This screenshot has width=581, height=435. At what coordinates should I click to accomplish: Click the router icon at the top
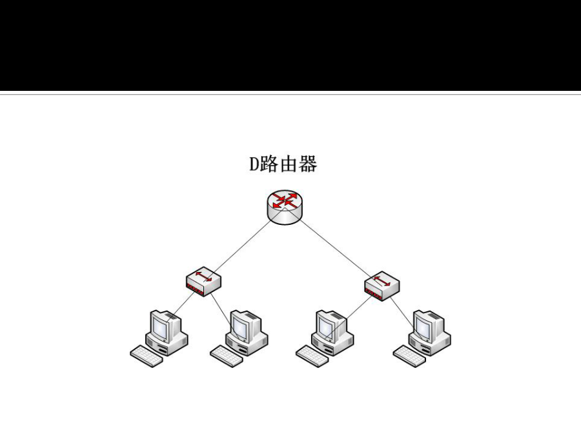pyautogui.click(x=284, y=207)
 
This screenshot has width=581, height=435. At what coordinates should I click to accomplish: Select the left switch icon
pyautogui.click(x=203, y=282)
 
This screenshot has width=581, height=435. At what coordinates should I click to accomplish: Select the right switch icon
pyautogui.click(x=382, y=285)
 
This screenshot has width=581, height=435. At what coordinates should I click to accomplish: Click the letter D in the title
pyautogui.click(x=254, y=165)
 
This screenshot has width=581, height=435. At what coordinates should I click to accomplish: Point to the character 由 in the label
pyautogui.click(x=288, y=165)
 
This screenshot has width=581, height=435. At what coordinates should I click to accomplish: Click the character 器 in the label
pyautogui.click(x=307, y=165)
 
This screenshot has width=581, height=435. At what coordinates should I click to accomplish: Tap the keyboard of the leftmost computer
pyautogui.click(x=147, y=356)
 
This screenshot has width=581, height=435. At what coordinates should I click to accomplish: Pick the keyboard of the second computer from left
pyautogui.click(x=227, y=356)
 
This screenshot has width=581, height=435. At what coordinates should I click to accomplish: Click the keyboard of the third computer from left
pyautogui.click(x=312, y=356)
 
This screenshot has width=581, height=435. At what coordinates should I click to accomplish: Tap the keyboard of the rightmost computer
pyautogui.click(x=410, y=356)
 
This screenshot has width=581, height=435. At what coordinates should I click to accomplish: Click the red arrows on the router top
pyautogui.click(x=285, y=200)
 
